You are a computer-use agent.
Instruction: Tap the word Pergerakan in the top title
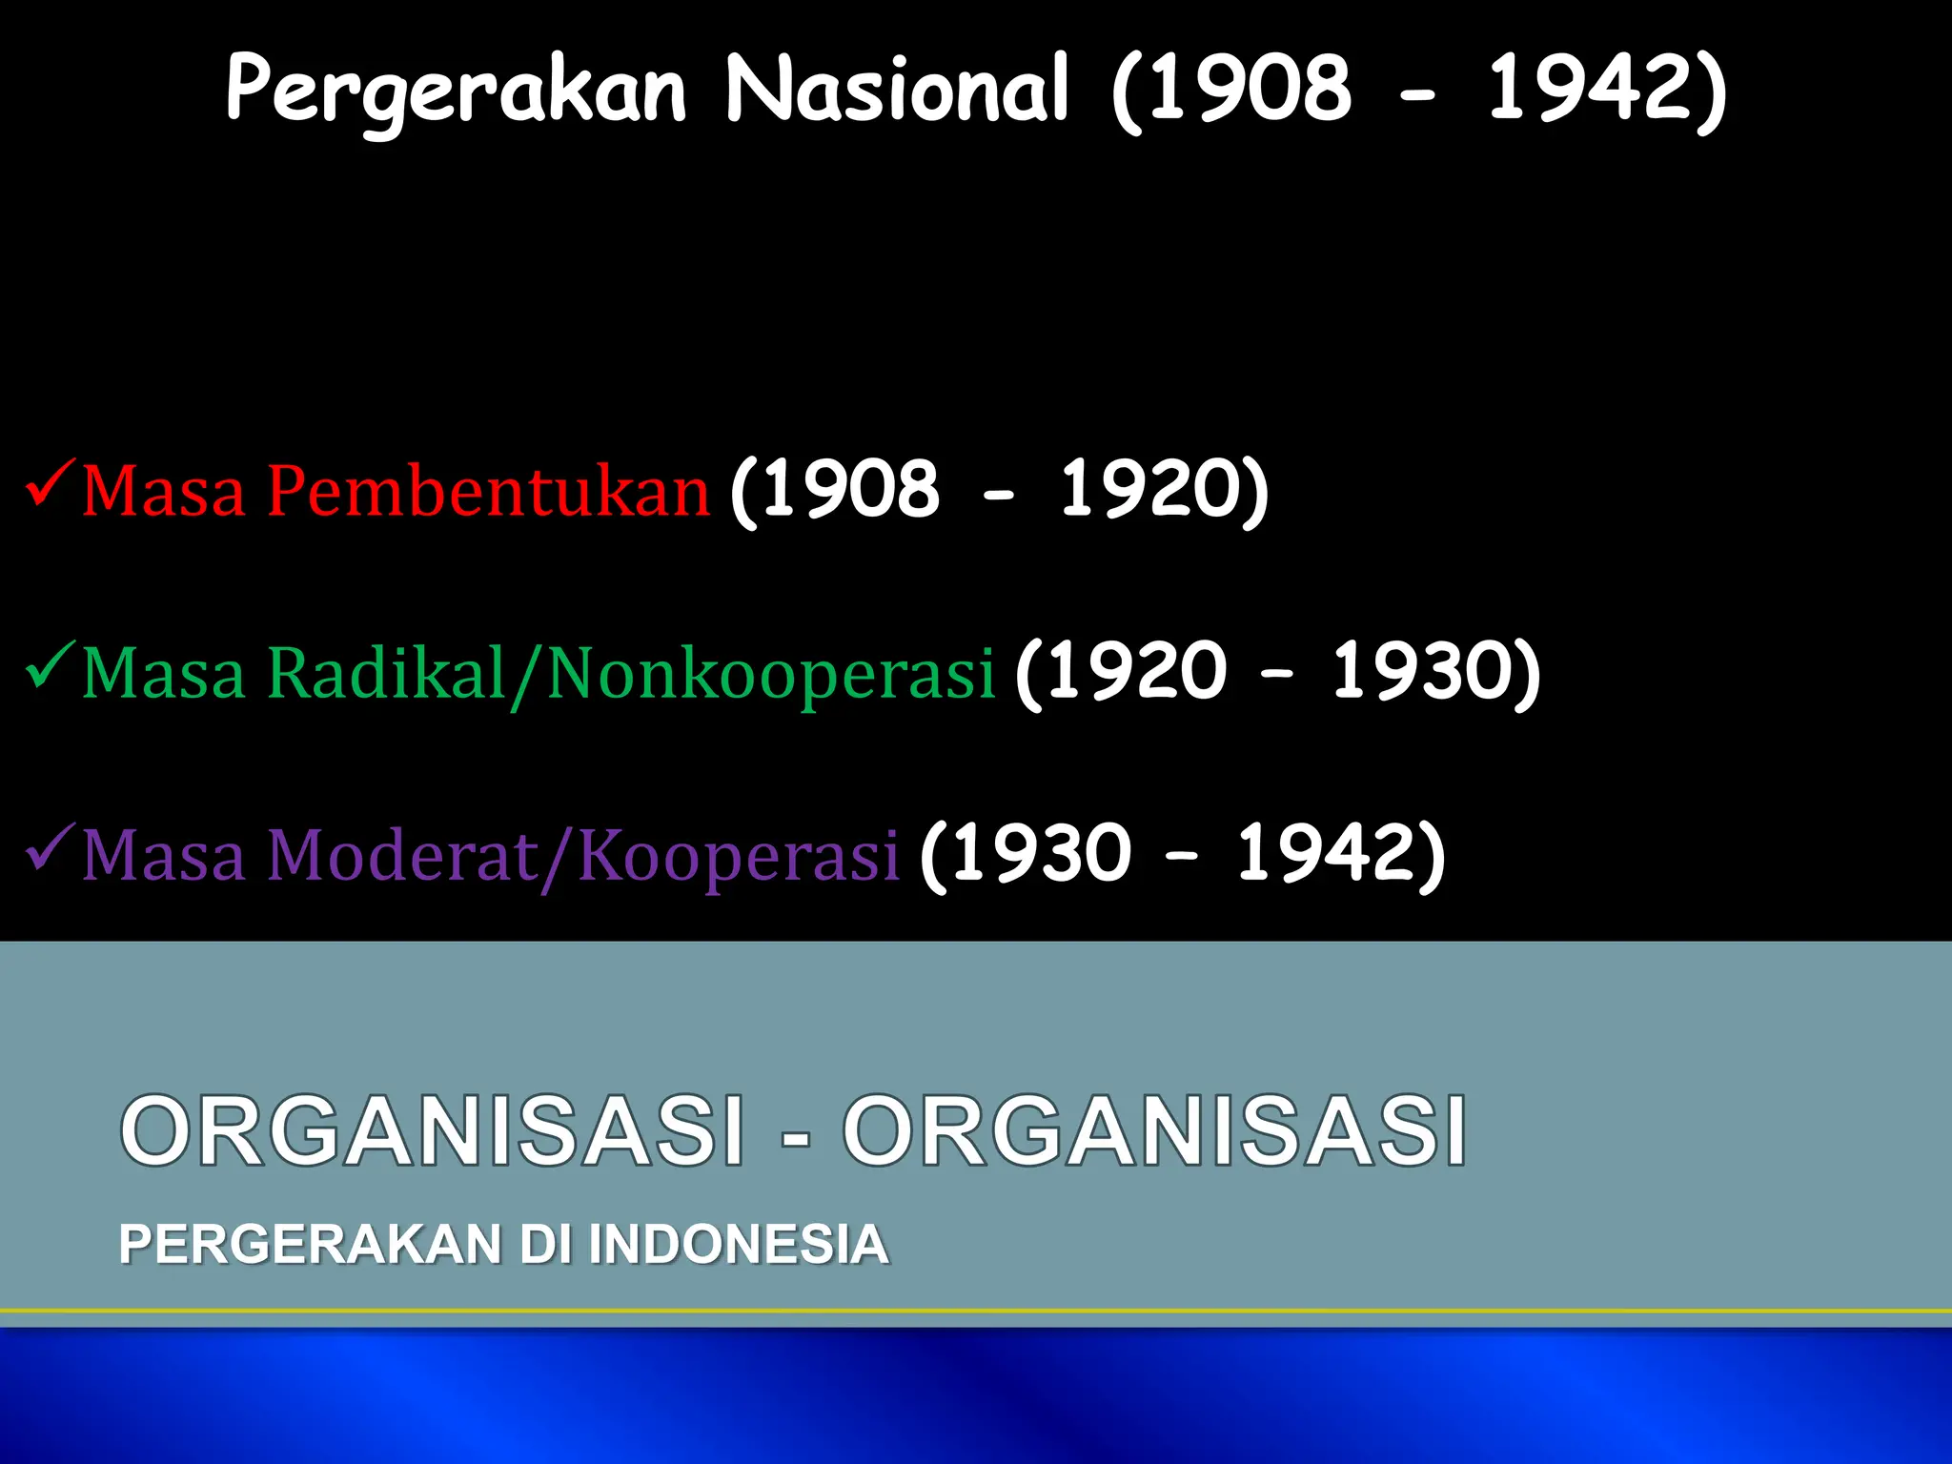pos(456,91)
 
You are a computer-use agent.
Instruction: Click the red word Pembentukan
pos(488,491)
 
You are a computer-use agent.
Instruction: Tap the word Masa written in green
pos(164,675)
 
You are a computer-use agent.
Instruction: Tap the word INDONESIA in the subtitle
pos(739,1245)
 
